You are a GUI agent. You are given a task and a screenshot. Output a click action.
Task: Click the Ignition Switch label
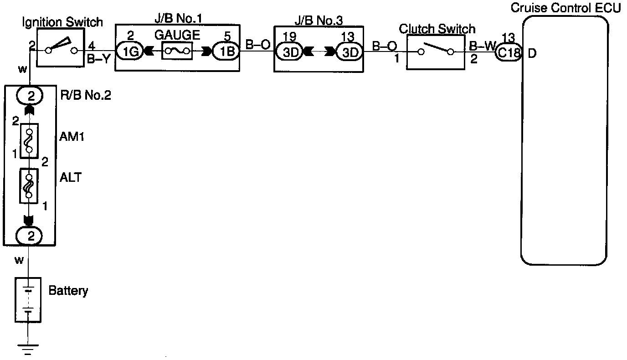click(x=62, y=22)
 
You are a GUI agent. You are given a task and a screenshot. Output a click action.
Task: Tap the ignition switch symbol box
click(x=61, y=48)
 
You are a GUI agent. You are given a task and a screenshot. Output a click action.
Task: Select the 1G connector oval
click(x=131, y=52)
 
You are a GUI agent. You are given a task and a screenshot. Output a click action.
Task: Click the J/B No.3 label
click(x=318, y=21)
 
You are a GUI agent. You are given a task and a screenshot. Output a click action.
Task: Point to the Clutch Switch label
click(x=437, y=29)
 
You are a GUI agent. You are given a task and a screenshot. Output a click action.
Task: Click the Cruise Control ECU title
click(x=565, y=8)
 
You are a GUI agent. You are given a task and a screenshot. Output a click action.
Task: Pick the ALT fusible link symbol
click(x=29, y=186)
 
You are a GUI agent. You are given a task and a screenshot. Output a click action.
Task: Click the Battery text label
click(x=68, y=291)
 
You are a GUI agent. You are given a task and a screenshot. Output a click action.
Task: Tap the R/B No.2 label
click(x=85, y=96)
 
